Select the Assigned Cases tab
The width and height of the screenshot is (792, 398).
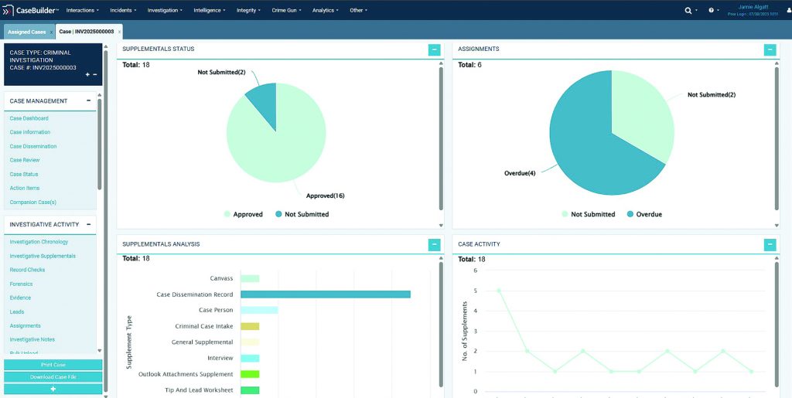click(26, 32)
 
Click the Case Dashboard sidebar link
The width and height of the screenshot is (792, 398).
click(29, 118)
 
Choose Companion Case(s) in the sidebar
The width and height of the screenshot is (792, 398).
click(32, 202)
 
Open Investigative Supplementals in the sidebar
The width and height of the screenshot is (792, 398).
click(43, 256)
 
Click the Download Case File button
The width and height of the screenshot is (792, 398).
click(53, 376)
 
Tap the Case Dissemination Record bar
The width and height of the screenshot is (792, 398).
click(325, 294)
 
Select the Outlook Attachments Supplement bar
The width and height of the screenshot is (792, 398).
click(250, 374)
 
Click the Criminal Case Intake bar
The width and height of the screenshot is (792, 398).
click(250, 326)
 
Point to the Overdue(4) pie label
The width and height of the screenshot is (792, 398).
click(520, 172)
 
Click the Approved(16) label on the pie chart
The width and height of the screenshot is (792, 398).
click(325, 196)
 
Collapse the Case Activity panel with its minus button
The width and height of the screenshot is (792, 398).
click(770, 245)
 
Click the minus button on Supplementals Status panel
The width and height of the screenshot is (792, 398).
click(434, 49)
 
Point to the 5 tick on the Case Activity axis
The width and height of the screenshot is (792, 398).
click(475, 291)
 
